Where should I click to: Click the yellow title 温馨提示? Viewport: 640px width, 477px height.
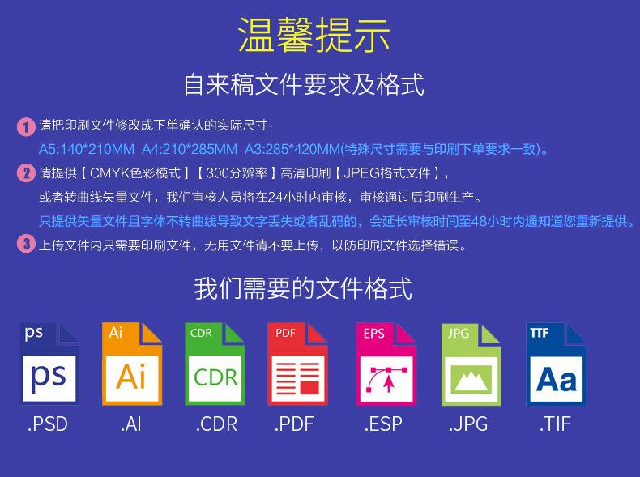point(314,35)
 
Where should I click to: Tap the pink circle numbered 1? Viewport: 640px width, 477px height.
point(26,126)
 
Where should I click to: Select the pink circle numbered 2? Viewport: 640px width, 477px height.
point(26,173)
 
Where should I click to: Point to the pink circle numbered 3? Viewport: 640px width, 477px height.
point(26,244)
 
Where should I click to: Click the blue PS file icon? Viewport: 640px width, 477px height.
point(49,364)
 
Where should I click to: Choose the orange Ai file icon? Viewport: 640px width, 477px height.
point(132,364)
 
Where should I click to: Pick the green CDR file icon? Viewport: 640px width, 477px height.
point(215,364)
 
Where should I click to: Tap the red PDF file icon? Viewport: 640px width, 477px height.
point(297,364)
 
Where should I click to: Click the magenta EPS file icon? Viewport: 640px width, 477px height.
point(386,364)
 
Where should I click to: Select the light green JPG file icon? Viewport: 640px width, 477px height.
point(471,364)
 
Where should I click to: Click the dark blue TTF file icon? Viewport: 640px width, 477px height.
point(556,364)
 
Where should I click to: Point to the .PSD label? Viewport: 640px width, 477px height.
point(47,424)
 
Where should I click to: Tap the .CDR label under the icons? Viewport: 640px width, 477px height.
point(216,424)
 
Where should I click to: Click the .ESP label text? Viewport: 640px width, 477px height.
point(383,424)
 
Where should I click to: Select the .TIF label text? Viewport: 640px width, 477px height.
point(554,424)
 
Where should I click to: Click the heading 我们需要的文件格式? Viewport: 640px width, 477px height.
point(303,288)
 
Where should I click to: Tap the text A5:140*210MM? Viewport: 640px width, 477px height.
point(87,149)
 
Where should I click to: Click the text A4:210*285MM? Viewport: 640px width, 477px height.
point(190,149)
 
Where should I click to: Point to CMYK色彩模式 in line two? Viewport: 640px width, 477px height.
point(135,173)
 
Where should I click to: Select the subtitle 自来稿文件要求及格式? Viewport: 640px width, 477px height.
point(304,84)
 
